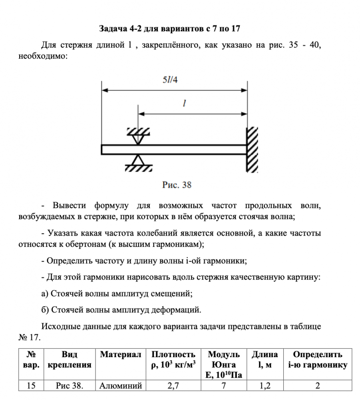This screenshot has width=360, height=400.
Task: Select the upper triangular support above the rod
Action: [x=138, y=136]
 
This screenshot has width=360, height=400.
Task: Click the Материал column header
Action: [x=121, y=355]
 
